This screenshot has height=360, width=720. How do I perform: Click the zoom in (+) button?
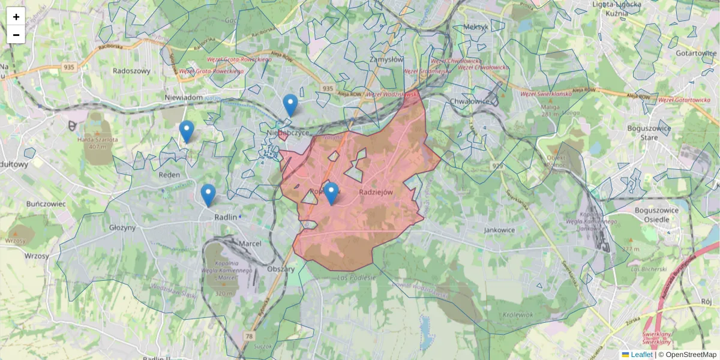click(16, 17)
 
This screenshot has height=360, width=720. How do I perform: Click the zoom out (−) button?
click(16, 35)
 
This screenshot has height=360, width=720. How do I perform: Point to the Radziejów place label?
click(376, 192)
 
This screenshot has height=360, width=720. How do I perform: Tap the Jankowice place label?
click(500, 230)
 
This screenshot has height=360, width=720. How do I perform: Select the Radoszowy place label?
click(131, 70)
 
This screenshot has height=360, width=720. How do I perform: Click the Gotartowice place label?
click(696, 53)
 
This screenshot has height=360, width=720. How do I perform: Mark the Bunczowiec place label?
click(46, 204)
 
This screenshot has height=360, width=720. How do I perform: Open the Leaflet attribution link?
click(641, 355)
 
